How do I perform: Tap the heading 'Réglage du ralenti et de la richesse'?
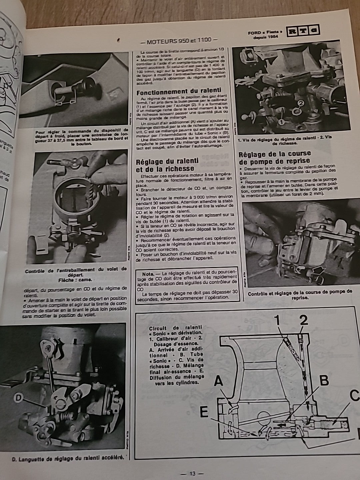coord(167,165)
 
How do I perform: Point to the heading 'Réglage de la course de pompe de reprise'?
coord(275,158)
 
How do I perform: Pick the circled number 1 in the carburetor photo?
coord(281,123)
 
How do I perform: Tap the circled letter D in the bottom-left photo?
coord(19,397)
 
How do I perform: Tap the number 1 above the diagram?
coord(277,320)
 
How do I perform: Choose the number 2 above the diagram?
coord(303,320)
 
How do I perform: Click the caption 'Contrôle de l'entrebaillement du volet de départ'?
coord(76,271)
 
